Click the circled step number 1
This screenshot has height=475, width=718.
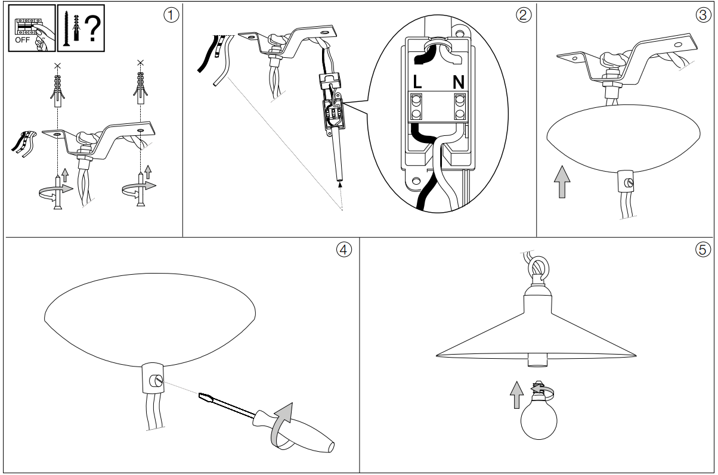171,15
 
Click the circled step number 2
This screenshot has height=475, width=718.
524,15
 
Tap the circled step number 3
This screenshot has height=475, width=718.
701,15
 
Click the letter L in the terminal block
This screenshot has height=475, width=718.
417,82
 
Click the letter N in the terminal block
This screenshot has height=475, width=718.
459,82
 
